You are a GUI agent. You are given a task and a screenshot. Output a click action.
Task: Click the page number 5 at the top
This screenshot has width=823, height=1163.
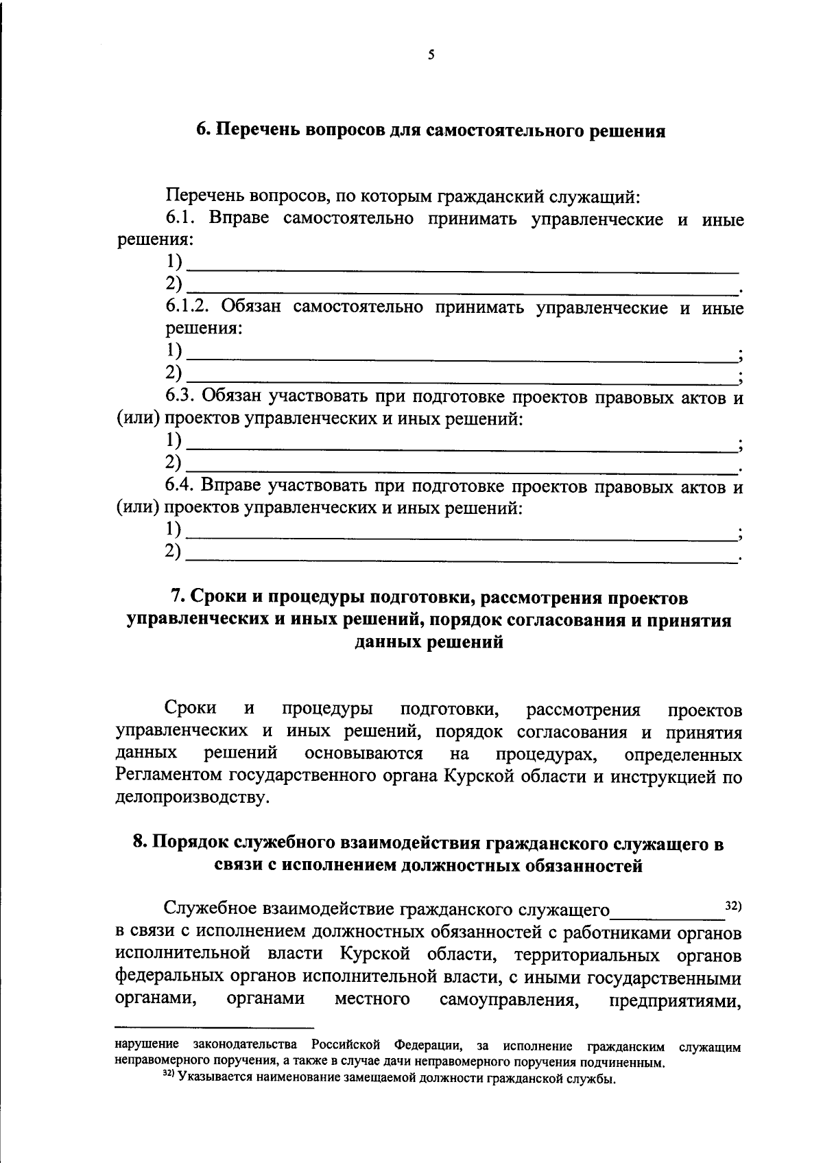coord(431,56)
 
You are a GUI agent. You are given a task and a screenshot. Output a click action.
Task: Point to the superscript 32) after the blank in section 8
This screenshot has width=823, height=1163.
coord(733,906)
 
